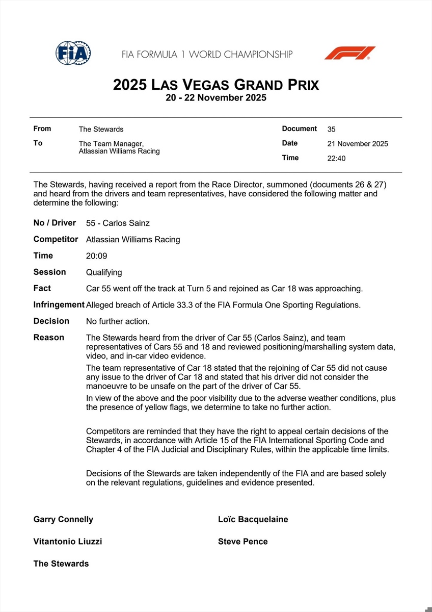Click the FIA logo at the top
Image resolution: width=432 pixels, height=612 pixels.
click(x=73, y=53)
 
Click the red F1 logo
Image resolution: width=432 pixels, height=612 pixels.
click(x=350, y=53)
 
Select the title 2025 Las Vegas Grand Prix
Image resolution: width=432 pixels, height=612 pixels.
click(x=216, y=84)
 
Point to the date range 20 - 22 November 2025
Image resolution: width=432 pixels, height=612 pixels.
click(x=216, y=98)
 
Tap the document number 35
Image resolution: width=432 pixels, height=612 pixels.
click(x=331, y=130)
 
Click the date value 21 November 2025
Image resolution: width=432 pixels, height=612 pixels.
click(x=357, y=144)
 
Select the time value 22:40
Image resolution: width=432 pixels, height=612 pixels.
click(x=336, y=159)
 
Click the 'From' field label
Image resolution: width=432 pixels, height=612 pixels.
click(x=42, y=129)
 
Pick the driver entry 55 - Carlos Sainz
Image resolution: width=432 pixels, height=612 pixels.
click(x=118, y=223)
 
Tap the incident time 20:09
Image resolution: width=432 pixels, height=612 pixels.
click(x=97, y=256)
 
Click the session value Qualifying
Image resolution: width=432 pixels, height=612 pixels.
click(x=104, y=272)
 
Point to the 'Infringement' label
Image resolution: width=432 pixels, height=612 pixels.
click(x=59, y=304)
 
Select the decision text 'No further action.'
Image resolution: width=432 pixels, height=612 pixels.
click(x=117, y=321)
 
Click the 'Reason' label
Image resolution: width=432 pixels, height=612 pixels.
click(x=49, y=337)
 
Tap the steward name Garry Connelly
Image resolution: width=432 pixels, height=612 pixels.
click(x=63, y=520)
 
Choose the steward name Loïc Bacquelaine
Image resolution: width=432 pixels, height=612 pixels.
click(x=253, y=520)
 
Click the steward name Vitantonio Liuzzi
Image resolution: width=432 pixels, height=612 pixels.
click(x=68, y=542)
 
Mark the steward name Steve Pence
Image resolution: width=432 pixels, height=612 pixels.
click(x=242, y=542)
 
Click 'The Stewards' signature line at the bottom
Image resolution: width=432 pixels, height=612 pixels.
click(x=61, y=564)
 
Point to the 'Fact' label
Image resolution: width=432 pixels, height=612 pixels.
click(x=42, y=288)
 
